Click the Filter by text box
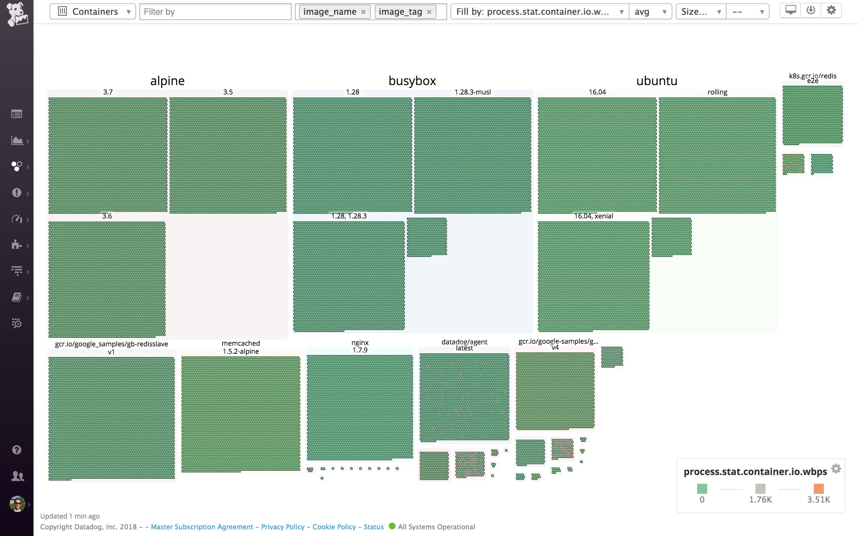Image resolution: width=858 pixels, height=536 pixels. (x=215, y=12)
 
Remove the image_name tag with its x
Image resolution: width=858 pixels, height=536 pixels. (x=363, y=12)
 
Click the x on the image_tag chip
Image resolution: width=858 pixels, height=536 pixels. (x=429, y=12)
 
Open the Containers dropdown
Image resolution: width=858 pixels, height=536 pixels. (x=93, y=12)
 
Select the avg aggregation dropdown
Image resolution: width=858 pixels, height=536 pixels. (x=650, y=12)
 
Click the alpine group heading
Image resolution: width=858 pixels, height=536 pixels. (x=167, y=81)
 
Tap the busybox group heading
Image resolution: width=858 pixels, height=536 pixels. (x=412, y=81)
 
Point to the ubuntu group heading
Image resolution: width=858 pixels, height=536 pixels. (x=657, y=81)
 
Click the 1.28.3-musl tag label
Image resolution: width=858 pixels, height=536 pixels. (x=473, y=92)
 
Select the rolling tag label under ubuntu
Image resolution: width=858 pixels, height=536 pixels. (x=717, y=92)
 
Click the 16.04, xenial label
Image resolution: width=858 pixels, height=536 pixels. (x=594, y=216)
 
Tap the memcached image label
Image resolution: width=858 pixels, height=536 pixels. (x=241, y=343)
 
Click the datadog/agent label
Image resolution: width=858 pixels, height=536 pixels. (x=464, y=342)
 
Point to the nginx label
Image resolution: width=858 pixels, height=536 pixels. (x=360, y=342)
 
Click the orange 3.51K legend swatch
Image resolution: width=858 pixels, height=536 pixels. (x=819, y=489)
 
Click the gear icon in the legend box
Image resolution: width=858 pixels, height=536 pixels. (x=836, y=469)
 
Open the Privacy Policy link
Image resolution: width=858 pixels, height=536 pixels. (x=283, y=527)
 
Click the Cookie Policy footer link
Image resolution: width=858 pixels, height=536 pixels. (x=334, y=527)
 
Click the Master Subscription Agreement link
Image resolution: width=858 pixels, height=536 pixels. (x=202, y=527)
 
